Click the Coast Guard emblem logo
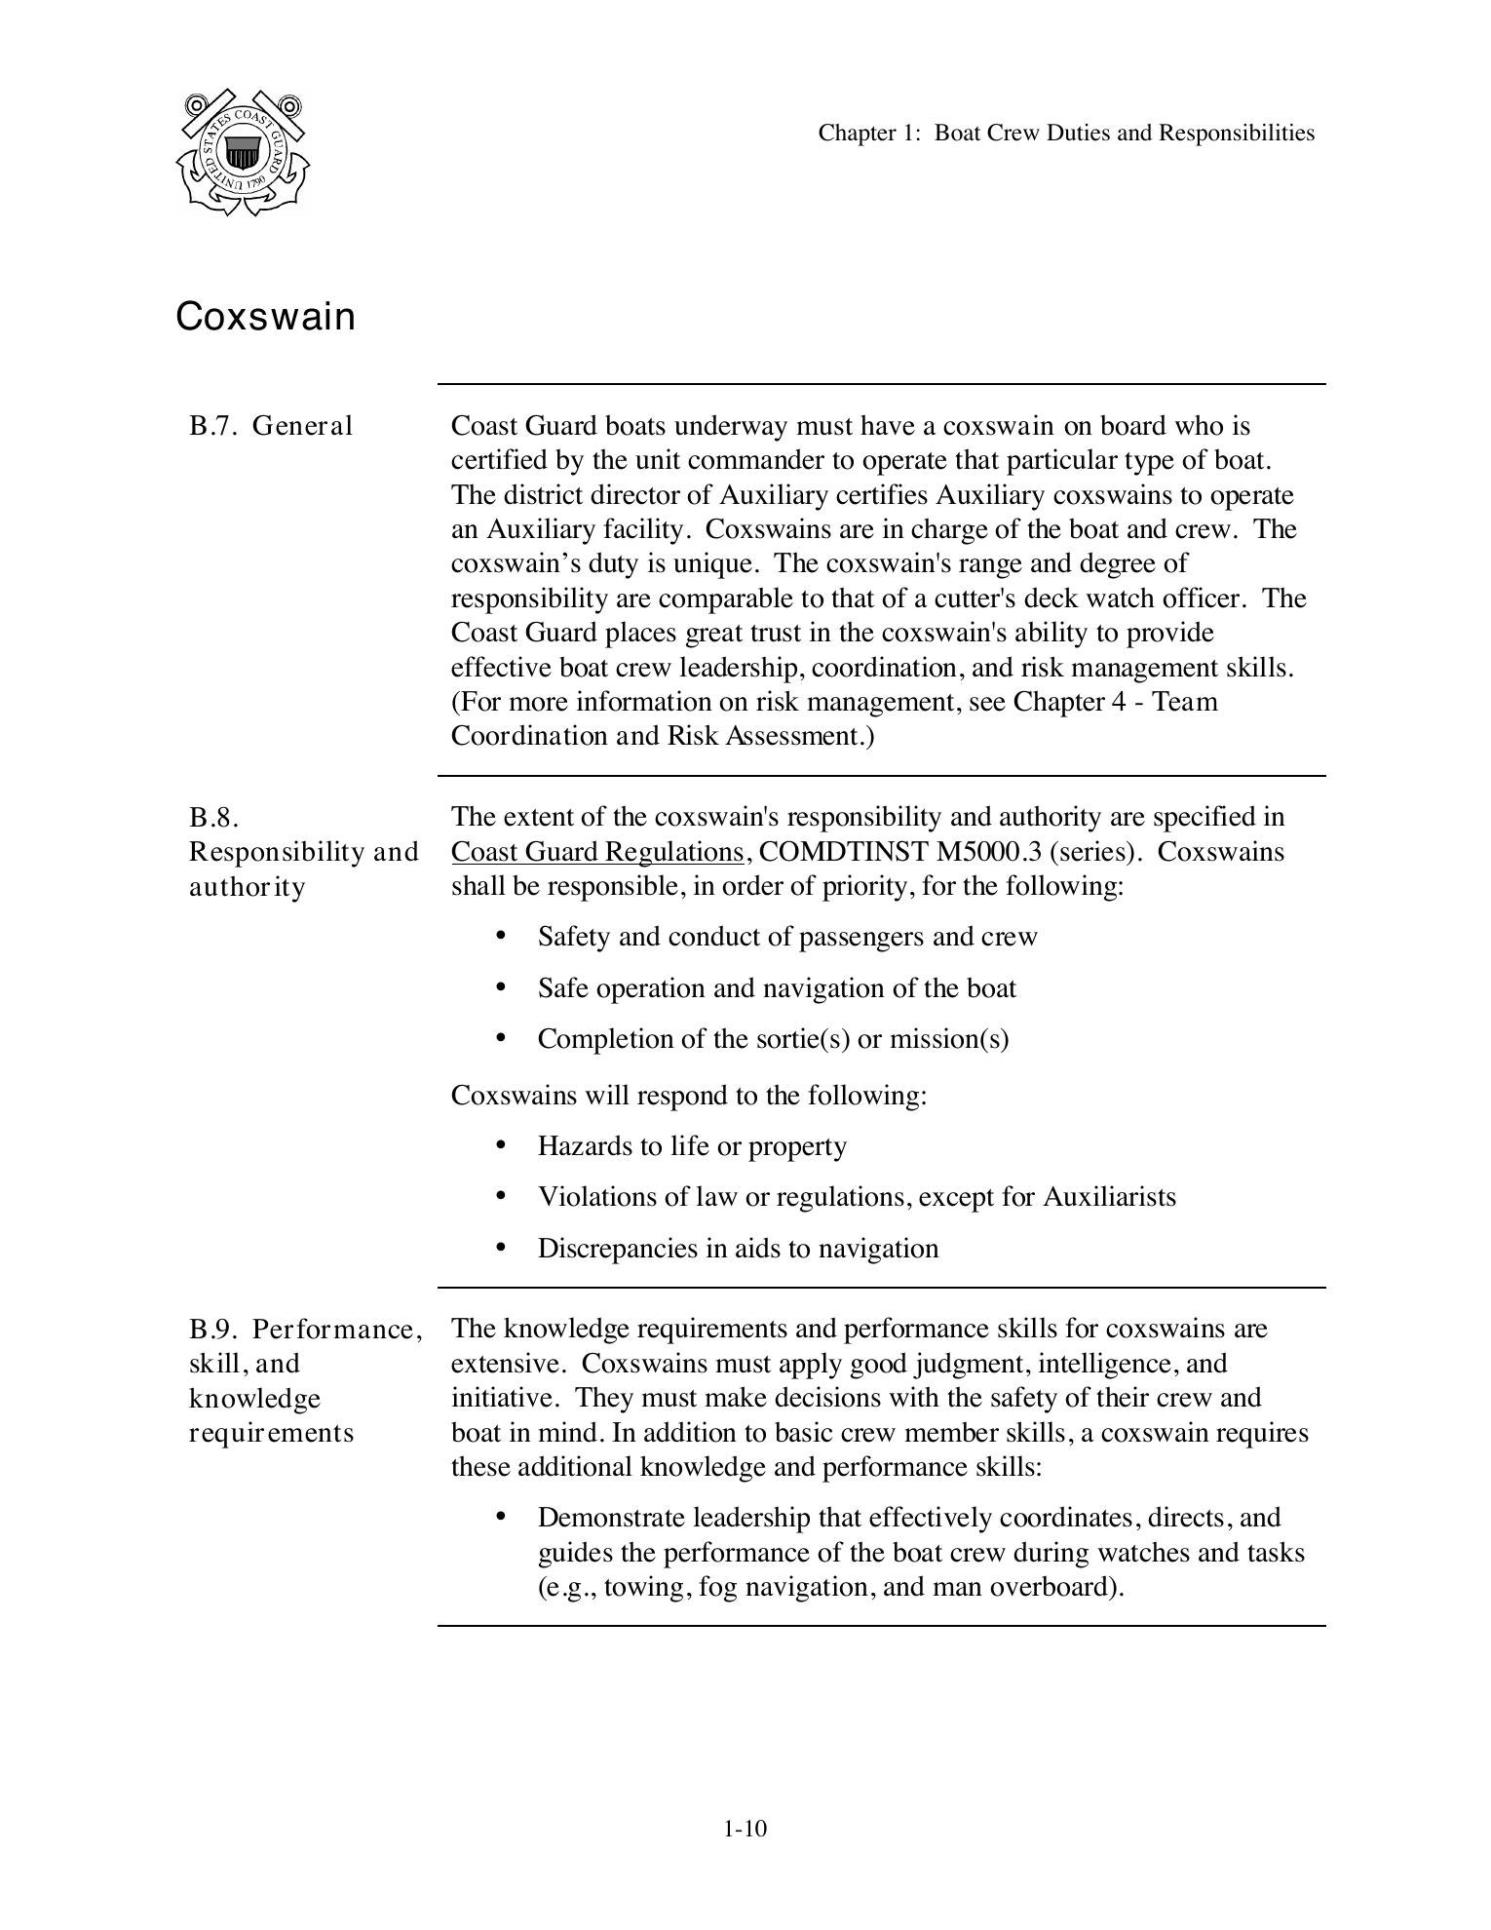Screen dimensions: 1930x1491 click(x=243, y=152)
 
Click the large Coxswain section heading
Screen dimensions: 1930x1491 click(x=265, y=317)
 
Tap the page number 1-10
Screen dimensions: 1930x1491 click(x=745, y=1829)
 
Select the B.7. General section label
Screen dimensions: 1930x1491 click(x=271, y=426)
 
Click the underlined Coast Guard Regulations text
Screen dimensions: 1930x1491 click(x=597, y=852)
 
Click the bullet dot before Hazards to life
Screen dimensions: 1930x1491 click(x=501, y=1144)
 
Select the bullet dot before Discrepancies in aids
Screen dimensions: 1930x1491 click(x=501, y=1247)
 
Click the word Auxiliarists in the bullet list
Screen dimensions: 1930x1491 click(x=1109, y=1197)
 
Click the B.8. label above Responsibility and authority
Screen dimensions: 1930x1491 click(x=214, y=817)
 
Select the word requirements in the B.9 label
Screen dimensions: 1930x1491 click(x=271, y=1433)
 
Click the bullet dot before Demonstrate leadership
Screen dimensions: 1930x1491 click(x=501, y=1516)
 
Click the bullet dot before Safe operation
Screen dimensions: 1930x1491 click(x=501, y=986)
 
